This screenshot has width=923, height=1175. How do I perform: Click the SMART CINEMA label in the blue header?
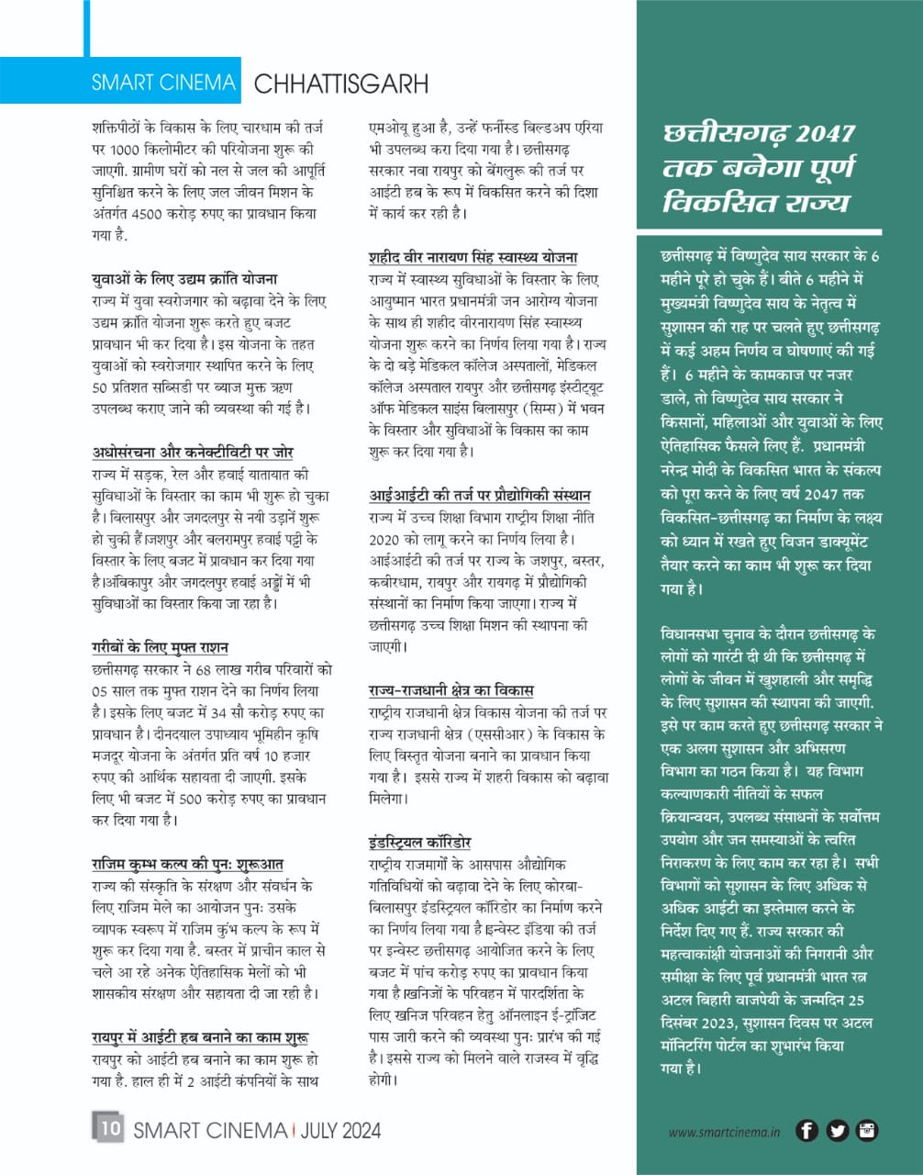tap(162, 82)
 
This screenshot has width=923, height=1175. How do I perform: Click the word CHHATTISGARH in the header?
tap(340, 84)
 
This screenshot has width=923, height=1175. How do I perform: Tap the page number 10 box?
tap(108, 1128)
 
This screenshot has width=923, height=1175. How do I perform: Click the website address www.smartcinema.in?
tap(724, 1133)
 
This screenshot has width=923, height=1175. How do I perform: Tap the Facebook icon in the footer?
tap(806, 1131)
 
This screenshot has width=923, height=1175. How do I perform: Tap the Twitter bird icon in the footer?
tap(837, 1131)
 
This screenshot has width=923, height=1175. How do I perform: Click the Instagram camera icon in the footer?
tap(867, 1131)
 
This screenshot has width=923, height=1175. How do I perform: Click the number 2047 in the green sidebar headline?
tap(825, 134)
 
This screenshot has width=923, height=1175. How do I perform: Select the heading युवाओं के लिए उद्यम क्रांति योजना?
tap(184, 278)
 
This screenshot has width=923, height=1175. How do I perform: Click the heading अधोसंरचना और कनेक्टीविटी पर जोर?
tap(193, 452)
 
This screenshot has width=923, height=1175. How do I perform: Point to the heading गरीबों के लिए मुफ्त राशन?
tap(160, 646)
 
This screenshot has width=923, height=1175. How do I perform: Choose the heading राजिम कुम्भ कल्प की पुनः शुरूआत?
tap(187, 864)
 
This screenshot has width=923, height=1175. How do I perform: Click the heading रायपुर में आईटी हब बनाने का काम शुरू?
tap(199, 1037)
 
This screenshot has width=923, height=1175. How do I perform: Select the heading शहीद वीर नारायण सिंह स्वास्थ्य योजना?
tap(473, 257)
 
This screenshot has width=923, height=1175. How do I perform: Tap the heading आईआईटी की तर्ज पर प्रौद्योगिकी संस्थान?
tap(479, 495)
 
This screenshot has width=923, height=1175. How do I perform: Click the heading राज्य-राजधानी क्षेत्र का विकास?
tap(450, 689)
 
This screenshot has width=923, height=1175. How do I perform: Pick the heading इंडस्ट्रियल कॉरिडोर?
tap(419, 842)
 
